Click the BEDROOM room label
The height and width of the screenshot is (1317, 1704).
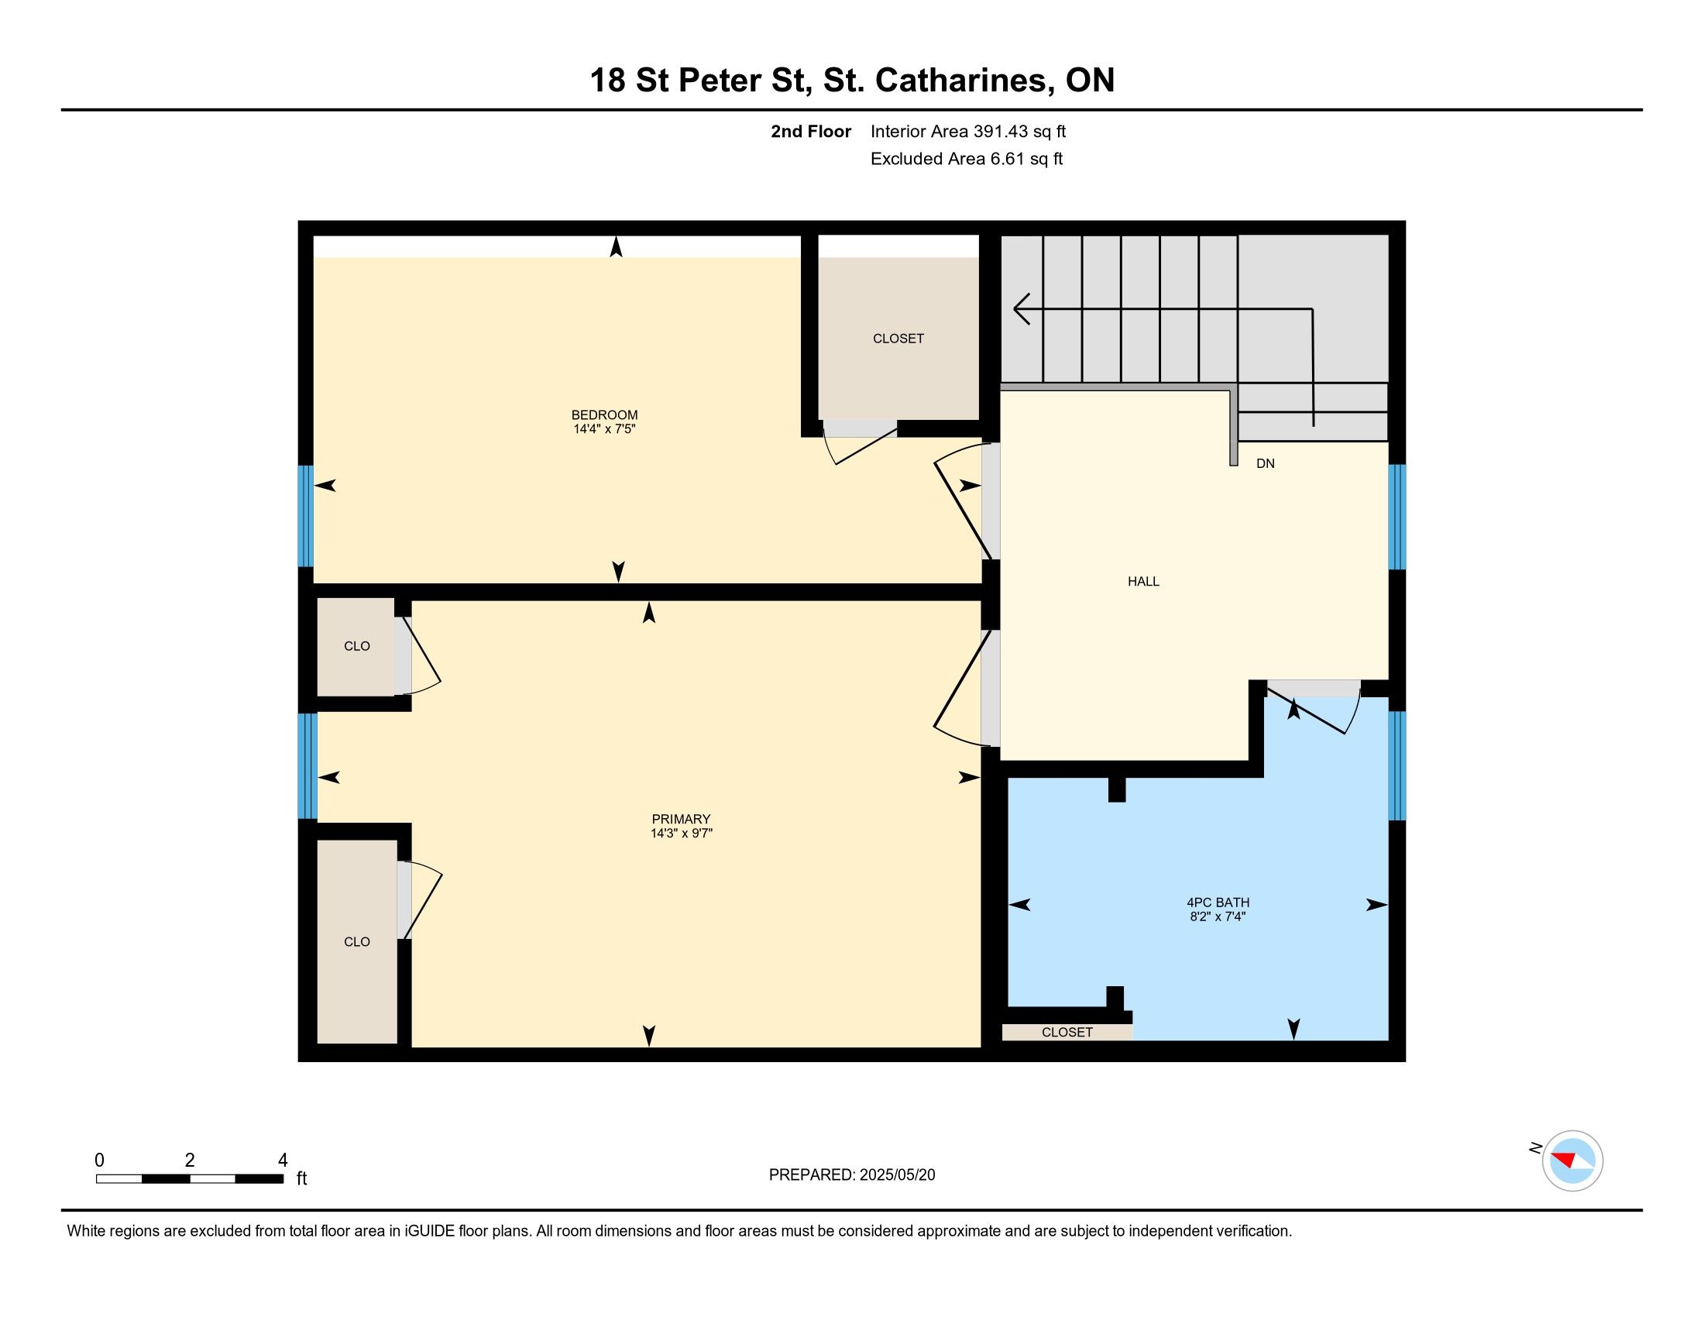pyautogui.click(x=604, y=415)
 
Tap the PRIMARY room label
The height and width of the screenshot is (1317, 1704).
pyautogui.click(x=681, y=819)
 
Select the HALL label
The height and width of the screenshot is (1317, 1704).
pyautogui.click(x=1143, y=581)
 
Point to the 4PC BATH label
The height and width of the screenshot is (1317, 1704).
pyautogui.click(x=1218, y=903)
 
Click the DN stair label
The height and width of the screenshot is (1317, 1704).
pyautogui.click(x=1266, y=463)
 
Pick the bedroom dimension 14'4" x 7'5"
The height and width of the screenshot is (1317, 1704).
pyautogui.click(x=604, y=429)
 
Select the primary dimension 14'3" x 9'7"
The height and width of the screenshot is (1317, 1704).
pyautogui.click(x=681, y=834)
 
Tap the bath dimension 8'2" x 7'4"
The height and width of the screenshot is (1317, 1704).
pyautogui.click(x=1218, y=916)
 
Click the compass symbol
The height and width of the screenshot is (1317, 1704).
pyautogui.click(x=1572, y=1161)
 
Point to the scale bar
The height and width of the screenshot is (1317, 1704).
pyautogui.click(x=190, y=1179)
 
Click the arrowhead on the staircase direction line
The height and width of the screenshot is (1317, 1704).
pyautogui.click(x=1022, y=309)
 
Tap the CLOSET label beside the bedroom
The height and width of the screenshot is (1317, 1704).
pyautogui.click(x=898, y=339)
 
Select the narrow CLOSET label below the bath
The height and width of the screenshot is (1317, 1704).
pyautogui.click(x=1067, y=1032)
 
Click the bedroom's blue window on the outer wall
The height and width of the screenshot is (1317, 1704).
pyautogui.click(x=306, y=516)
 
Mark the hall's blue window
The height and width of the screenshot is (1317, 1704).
pyautogui.click(x=1397, y=518)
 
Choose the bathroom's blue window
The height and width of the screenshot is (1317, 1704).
pyautogui.click(x=1397, y=765)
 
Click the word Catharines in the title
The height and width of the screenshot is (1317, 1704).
pyautogui.click(x=961, y=81)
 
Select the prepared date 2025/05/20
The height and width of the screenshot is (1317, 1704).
pyautogui.click(x=897, y=1175)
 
